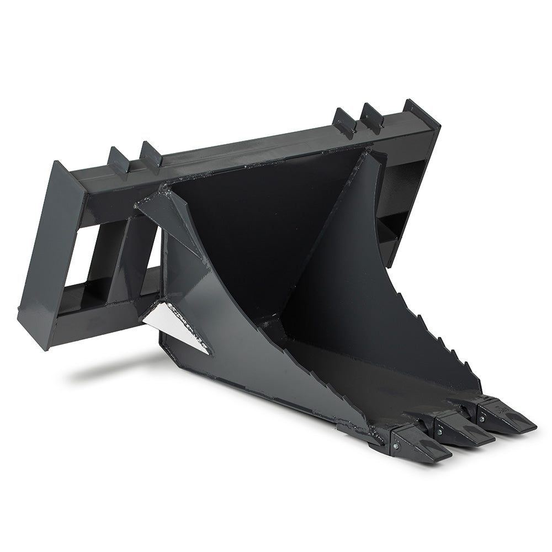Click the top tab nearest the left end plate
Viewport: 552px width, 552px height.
tap(119, 161)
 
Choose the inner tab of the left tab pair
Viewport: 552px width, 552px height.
tap(150, 154)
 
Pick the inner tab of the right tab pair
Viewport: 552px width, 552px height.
tap(343, 122)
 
